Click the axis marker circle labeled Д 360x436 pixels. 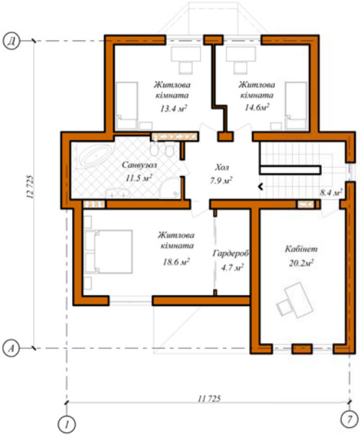(x=11, y=42)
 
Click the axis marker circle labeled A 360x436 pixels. (x=11, y=349)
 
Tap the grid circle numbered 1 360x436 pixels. (x=66, y=425)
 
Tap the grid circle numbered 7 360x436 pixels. (x=349, y=419)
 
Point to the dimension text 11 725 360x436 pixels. (x=209, y=398)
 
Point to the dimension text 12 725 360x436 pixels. (x=30, y=186)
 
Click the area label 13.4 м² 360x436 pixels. (x=173, y=108)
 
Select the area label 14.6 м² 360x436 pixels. (x=257, y=108)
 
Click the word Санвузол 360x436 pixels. (x=139, y=165)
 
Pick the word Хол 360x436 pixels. (x=222, y=167)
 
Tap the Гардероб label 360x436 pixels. (x=231, y=253)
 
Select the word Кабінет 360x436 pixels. (x=301, y=249)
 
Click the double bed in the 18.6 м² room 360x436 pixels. (x=108, y=252)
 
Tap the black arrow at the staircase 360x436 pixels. (x=260, y=186)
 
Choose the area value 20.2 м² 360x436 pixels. (x=302, y=263)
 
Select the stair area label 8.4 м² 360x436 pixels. (x=331, y=193)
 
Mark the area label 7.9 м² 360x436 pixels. (x=221, y=180)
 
